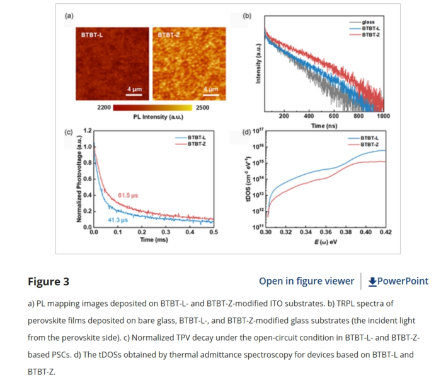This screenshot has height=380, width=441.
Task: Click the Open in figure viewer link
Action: (306, 282)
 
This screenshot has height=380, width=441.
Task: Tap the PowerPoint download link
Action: (398, 282)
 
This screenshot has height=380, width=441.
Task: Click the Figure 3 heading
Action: (49, 282)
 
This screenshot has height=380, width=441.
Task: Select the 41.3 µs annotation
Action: (118, 220)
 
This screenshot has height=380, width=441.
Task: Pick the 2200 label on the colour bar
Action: (104, 108)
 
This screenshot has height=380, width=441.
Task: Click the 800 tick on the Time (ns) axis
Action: (358, 116)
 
